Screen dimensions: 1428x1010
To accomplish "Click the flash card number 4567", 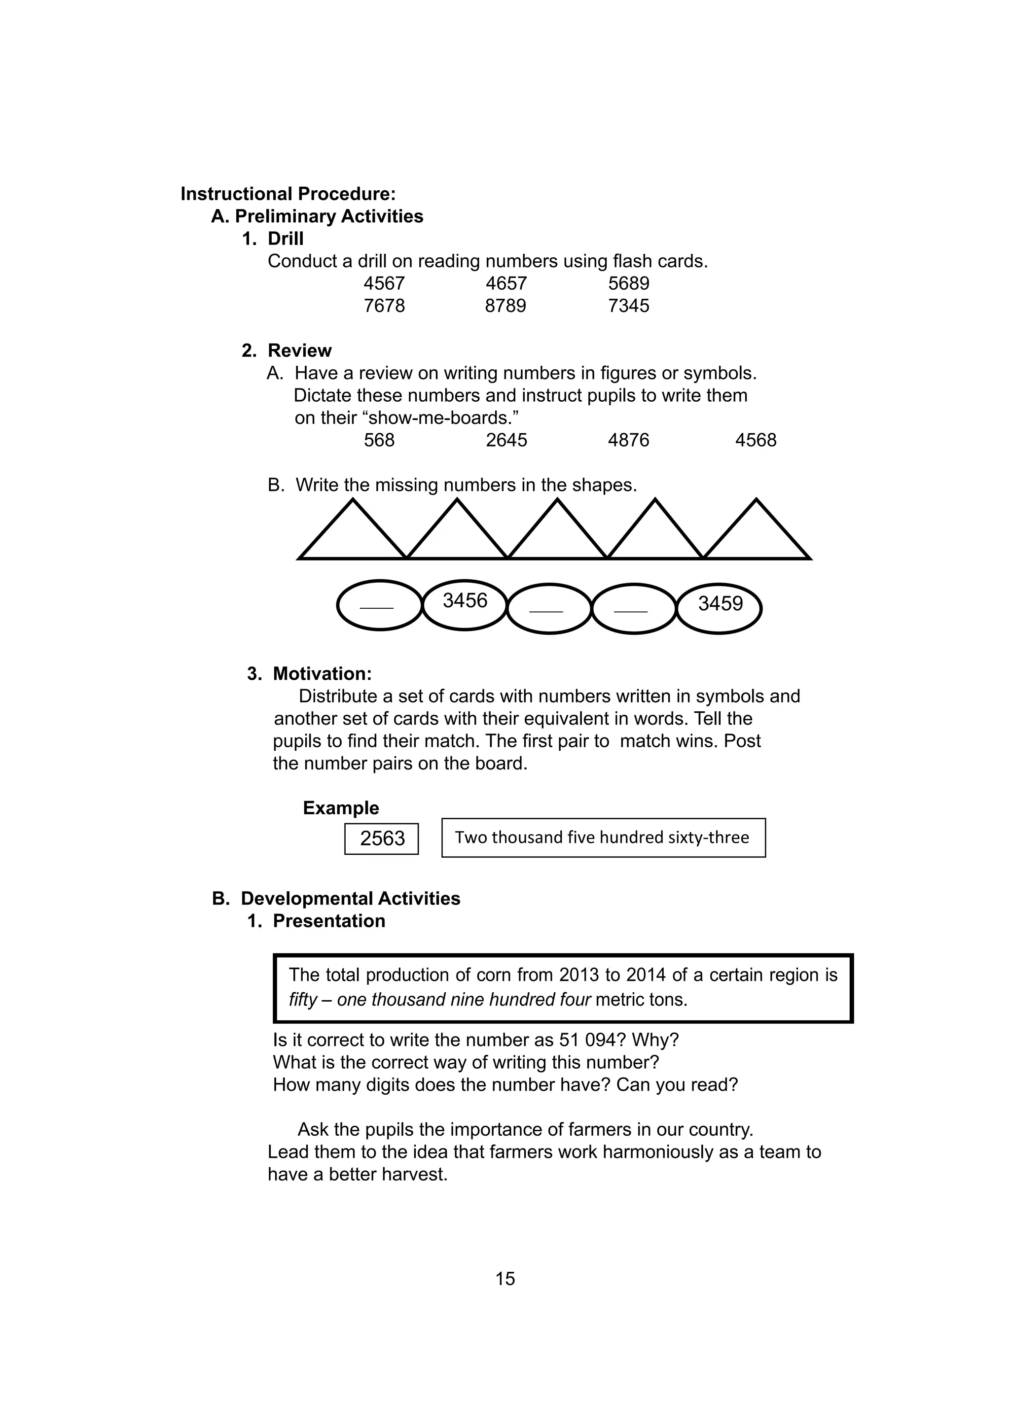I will click(384, 283).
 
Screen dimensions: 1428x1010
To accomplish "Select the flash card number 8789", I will click(505, 306).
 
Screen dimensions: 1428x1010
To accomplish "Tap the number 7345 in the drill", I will click(628, 306).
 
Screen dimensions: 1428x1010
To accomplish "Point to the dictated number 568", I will click(379, 440).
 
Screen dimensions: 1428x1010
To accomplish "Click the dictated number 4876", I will click(628, 440).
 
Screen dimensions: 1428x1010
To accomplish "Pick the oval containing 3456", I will click(465, 604).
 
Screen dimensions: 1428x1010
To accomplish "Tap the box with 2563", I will click(382, 838).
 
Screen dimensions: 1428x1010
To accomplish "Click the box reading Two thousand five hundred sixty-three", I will click(603, 838).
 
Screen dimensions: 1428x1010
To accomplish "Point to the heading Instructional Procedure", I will click(288, 194).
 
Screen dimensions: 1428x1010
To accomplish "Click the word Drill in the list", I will click(286, 239).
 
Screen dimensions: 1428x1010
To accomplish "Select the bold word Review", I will click(299, 351).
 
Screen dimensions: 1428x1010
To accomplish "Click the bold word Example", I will click(340, 808).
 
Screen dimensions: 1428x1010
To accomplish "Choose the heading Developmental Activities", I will click(350, 898).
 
